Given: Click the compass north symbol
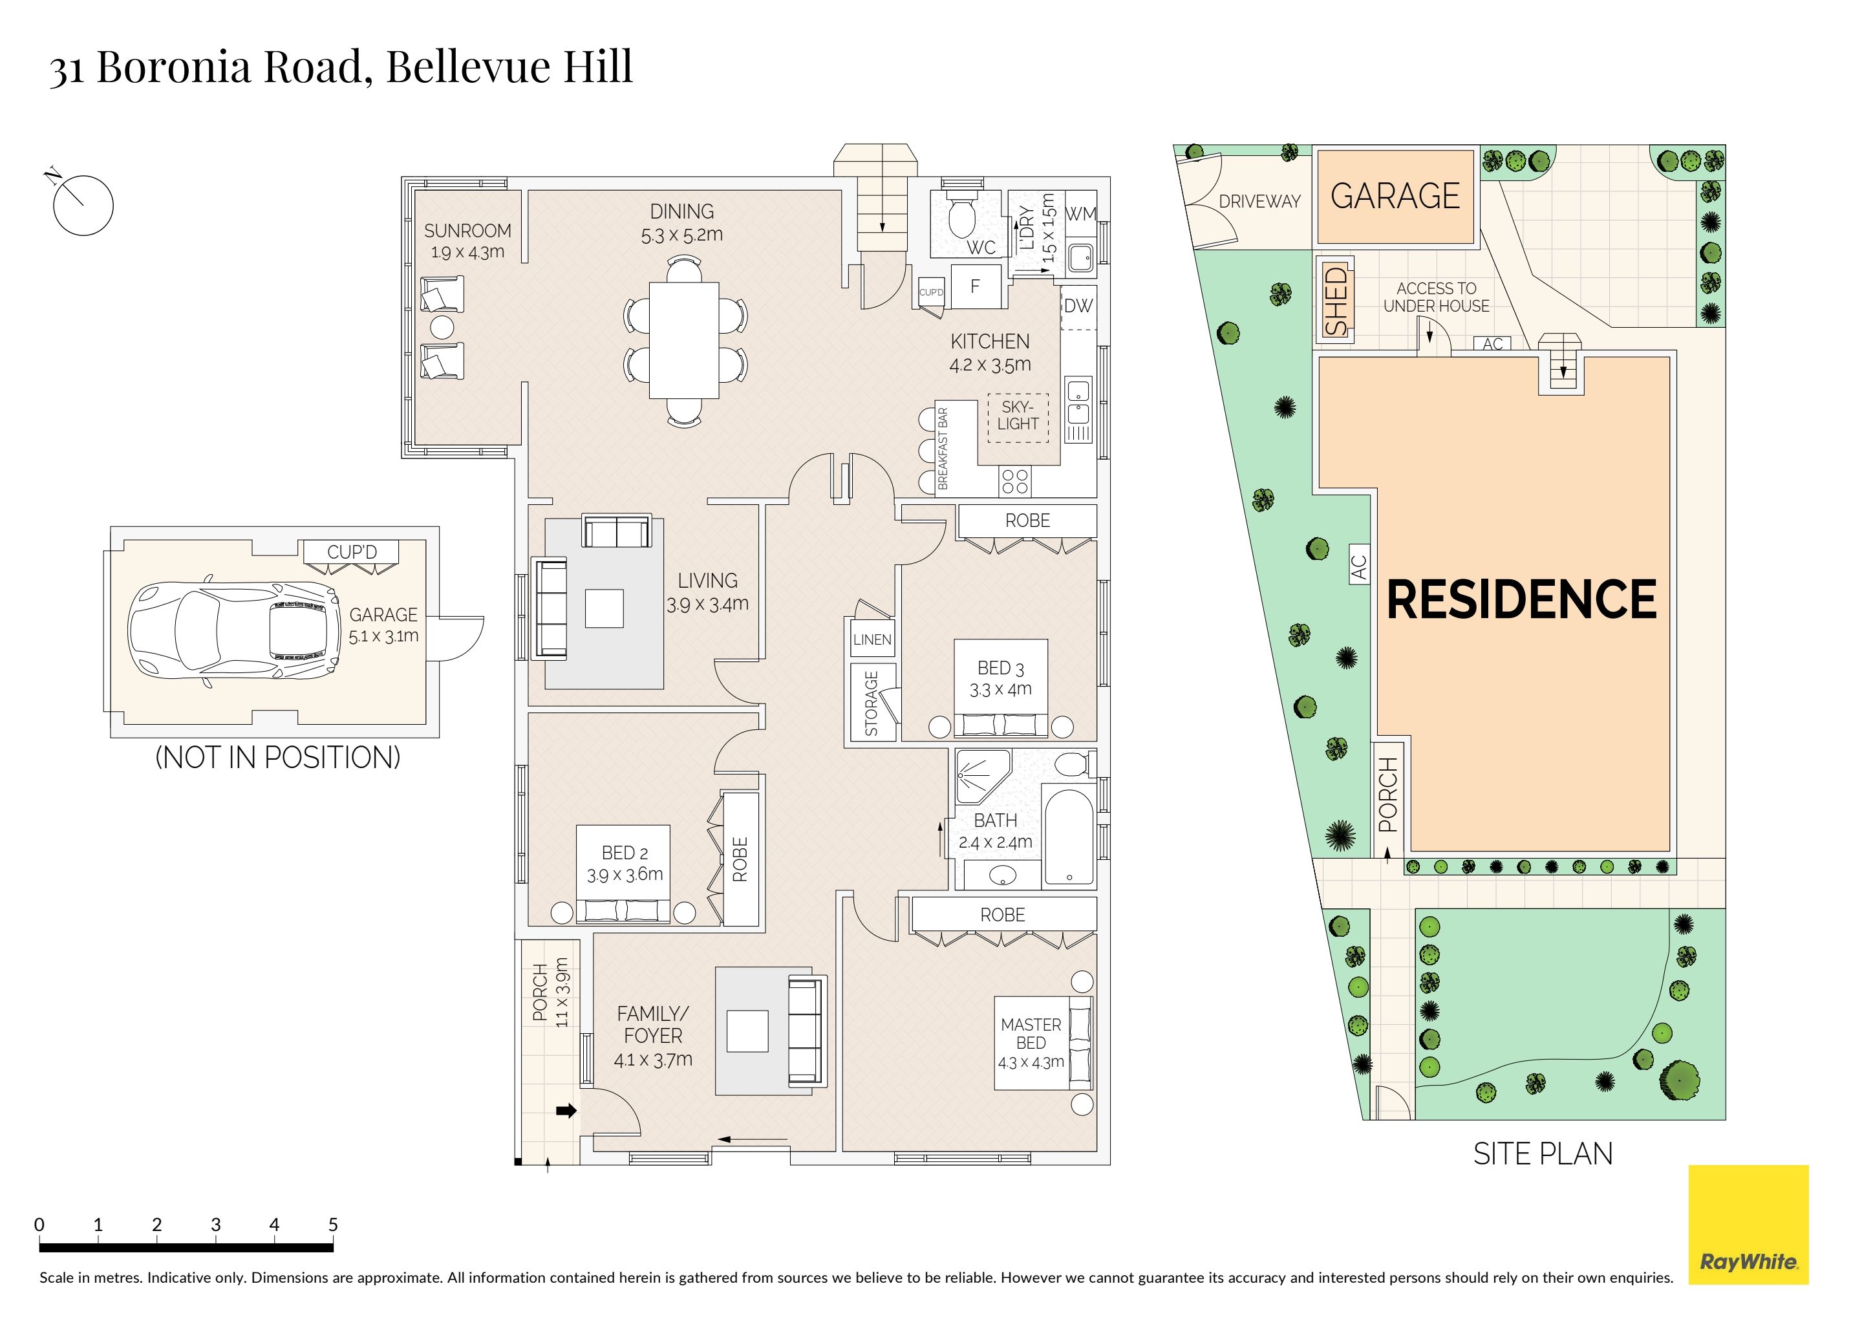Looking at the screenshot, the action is coord(83,204).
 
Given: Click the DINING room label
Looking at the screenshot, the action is coord(682,211).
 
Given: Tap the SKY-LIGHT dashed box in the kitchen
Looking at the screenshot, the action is coord(1018,418).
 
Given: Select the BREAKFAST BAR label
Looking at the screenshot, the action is coord(943,449).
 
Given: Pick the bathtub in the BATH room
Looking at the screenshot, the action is coord(1069,837).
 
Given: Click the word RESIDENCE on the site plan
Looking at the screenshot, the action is coord(1521,600).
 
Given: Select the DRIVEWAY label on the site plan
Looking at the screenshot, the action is coord(1259,201).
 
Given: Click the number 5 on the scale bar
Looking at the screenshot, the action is coord(332,1225).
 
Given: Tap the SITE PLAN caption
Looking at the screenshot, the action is coord(1543,1154).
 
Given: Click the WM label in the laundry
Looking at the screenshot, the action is coord(1080,214).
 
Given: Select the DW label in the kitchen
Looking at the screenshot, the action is coord(1078,306).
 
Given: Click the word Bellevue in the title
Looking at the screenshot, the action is coord(468,67).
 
